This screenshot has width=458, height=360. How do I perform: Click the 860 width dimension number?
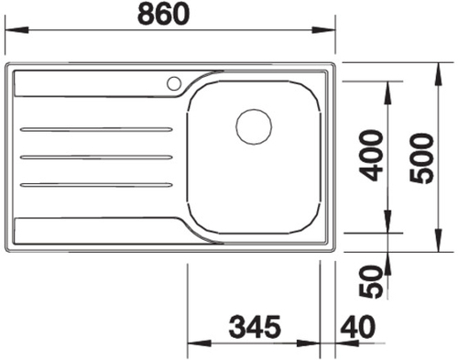(x=163, y=14)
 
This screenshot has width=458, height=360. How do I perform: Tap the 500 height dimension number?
(x=421, y=158)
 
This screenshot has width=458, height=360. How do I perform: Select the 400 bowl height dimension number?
(x=371, y=156)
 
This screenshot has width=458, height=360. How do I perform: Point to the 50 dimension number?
(x=371, y=281)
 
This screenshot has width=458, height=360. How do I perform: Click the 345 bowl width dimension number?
(x=255, y=327)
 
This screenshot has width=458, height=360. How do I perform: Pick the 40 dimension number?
(x=358, y=327)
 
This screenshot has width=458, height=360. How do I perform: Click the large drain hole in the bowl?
(x=254, y=126)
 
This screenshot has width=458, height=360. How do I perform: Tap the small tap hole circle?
(x=174, y=83)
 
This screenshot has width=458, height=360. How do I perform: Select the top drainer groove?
(x=96, y=130)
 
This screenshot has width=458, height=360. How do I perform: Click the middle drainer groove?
(x=96, y=158)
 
